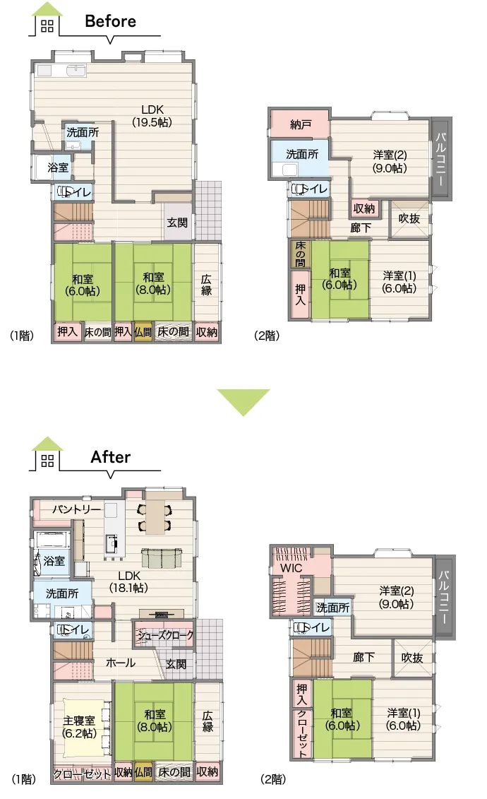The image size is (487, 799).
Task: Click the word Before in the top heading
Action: click(110, 21)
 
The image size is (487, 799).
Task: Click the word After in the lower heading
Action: click(110, 456)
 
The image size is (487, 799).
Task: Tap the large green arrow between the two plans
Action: click(243, 402)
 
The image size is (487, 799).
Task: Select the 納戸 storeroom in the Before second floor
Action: click(301, 124)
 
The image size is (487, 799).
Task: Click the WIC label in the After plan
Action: click(291, 568)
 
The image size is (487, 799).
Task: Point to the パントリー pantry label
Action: click(77, 509)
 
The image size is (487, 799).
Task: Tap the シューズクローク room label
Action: click(165, 635)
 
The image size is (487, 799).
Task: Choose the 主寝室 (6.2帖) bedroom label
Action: click(79, 727)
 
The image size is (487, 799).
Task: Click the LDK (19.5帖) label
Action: click(152, 116)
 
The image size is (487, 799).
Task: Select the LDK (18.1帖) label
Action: click(128, 581)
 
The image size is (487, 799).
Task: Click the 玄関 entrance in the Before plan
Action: click(177, 222)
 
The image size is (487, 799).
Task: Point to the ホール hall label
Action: click(121, 663)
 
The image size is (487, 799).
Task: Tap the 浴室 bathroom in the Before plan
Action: click(58, 167)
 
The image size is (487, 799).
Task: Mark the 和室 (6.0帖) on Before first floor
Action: click(83, 285)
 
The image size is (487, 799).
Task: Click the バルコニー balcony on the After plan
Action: click(444, 597)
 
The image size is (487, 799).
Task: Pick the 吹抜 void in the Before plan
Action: click(409, 218)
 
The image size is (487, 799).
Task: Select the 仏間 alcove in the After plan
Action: click(143, 772)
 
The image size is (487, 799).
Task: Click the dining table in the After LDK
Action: click(155, 516)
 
